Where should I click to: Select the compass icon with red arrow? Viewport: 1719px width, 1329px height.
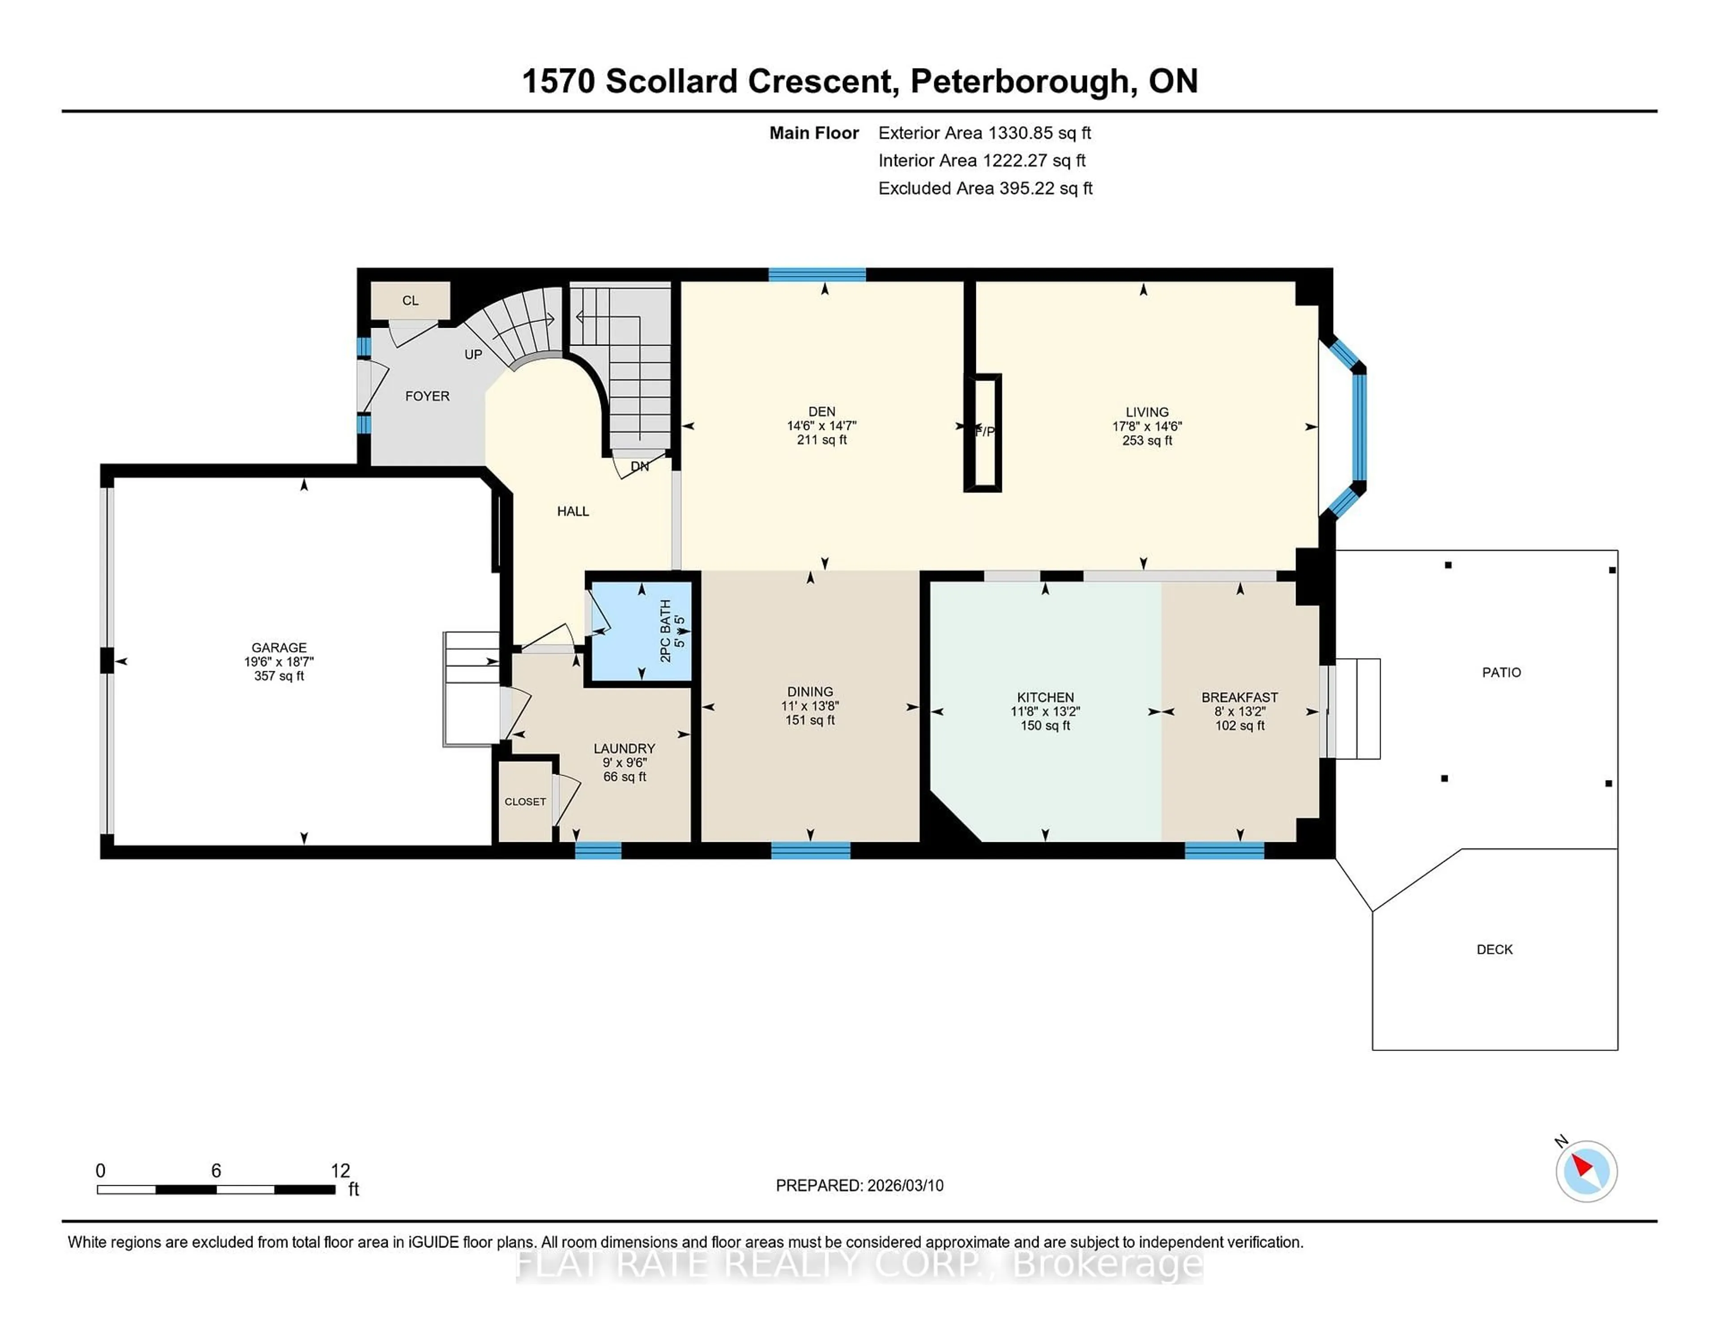pos(1586,1171)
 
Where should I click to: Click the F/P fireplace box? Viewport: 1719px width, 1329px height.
pos(983,432)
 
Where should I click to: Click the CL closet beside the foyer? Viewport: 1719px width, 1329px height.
pos(410,300)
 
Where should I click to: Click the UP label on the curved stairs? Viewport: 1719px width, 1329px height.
pos(473,354)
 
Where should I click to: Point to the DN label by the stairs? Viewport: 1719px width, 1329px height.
pos(639,466)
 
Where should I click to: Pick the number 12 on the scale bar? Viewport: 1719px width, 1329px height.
pos(340,1171)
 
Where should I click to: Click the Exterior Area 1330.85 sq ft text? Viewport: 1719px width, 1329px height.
pos(984,133)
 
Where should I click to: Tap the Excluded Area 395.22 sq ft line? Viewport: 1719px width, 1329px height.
pos(985,188)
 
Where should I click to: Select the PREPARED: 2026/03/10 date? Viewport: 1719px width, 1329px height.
pos(859,1185)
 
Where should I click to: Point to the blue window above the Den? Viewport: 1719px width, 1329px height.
pos(817,275)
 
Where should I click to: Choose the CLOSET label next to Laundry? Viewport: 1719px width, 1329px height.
pos(525,802)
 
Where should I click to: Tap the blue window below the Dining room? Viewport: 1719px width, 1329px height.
pos(811,850)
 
